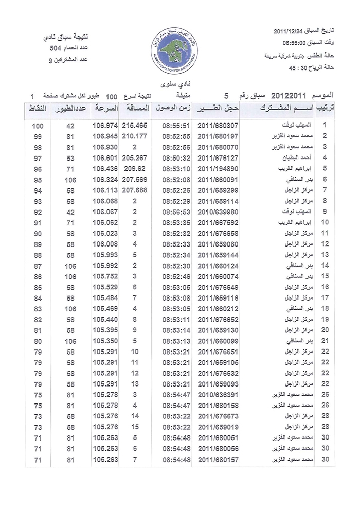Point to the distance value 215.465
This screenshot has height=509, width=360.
[x=135, y=125]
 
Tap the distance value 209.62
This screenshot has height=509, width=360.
[x=135, y=168]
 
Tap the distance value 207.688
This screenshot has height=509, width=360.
[x=135, y=190]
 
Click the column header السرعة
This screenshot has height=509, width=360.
[x=105, y=109]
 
